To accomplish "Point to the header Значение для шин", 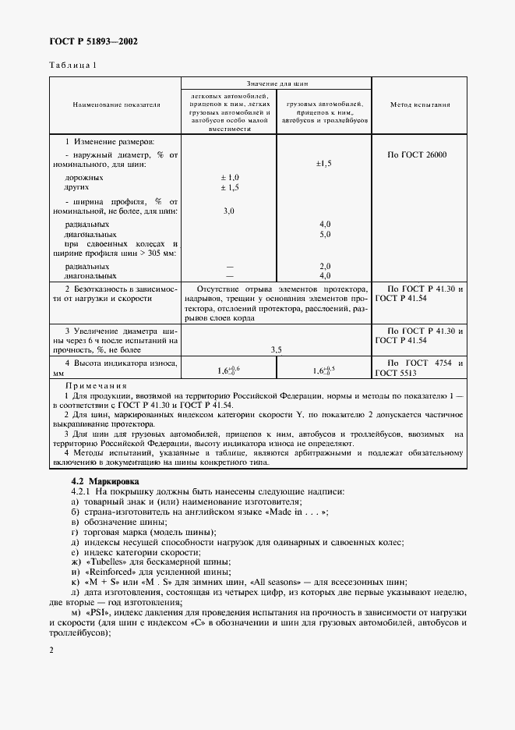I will pyautogui.click(x=277, y=81).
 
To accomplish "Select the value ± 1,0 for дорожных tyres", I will pyautogui.click(x=229, y=178).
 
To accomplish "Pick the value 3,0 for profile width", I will pyautogui.click(x=229, y=211).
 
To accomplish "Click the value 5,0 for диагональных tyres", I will pyautogui.click(x=325, y=234).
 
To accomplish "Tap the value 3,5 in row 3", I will pyautogui.click(x=277, y=350).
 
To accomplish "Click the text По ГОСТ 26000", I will pyautogui.click(x=417, y=154).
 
